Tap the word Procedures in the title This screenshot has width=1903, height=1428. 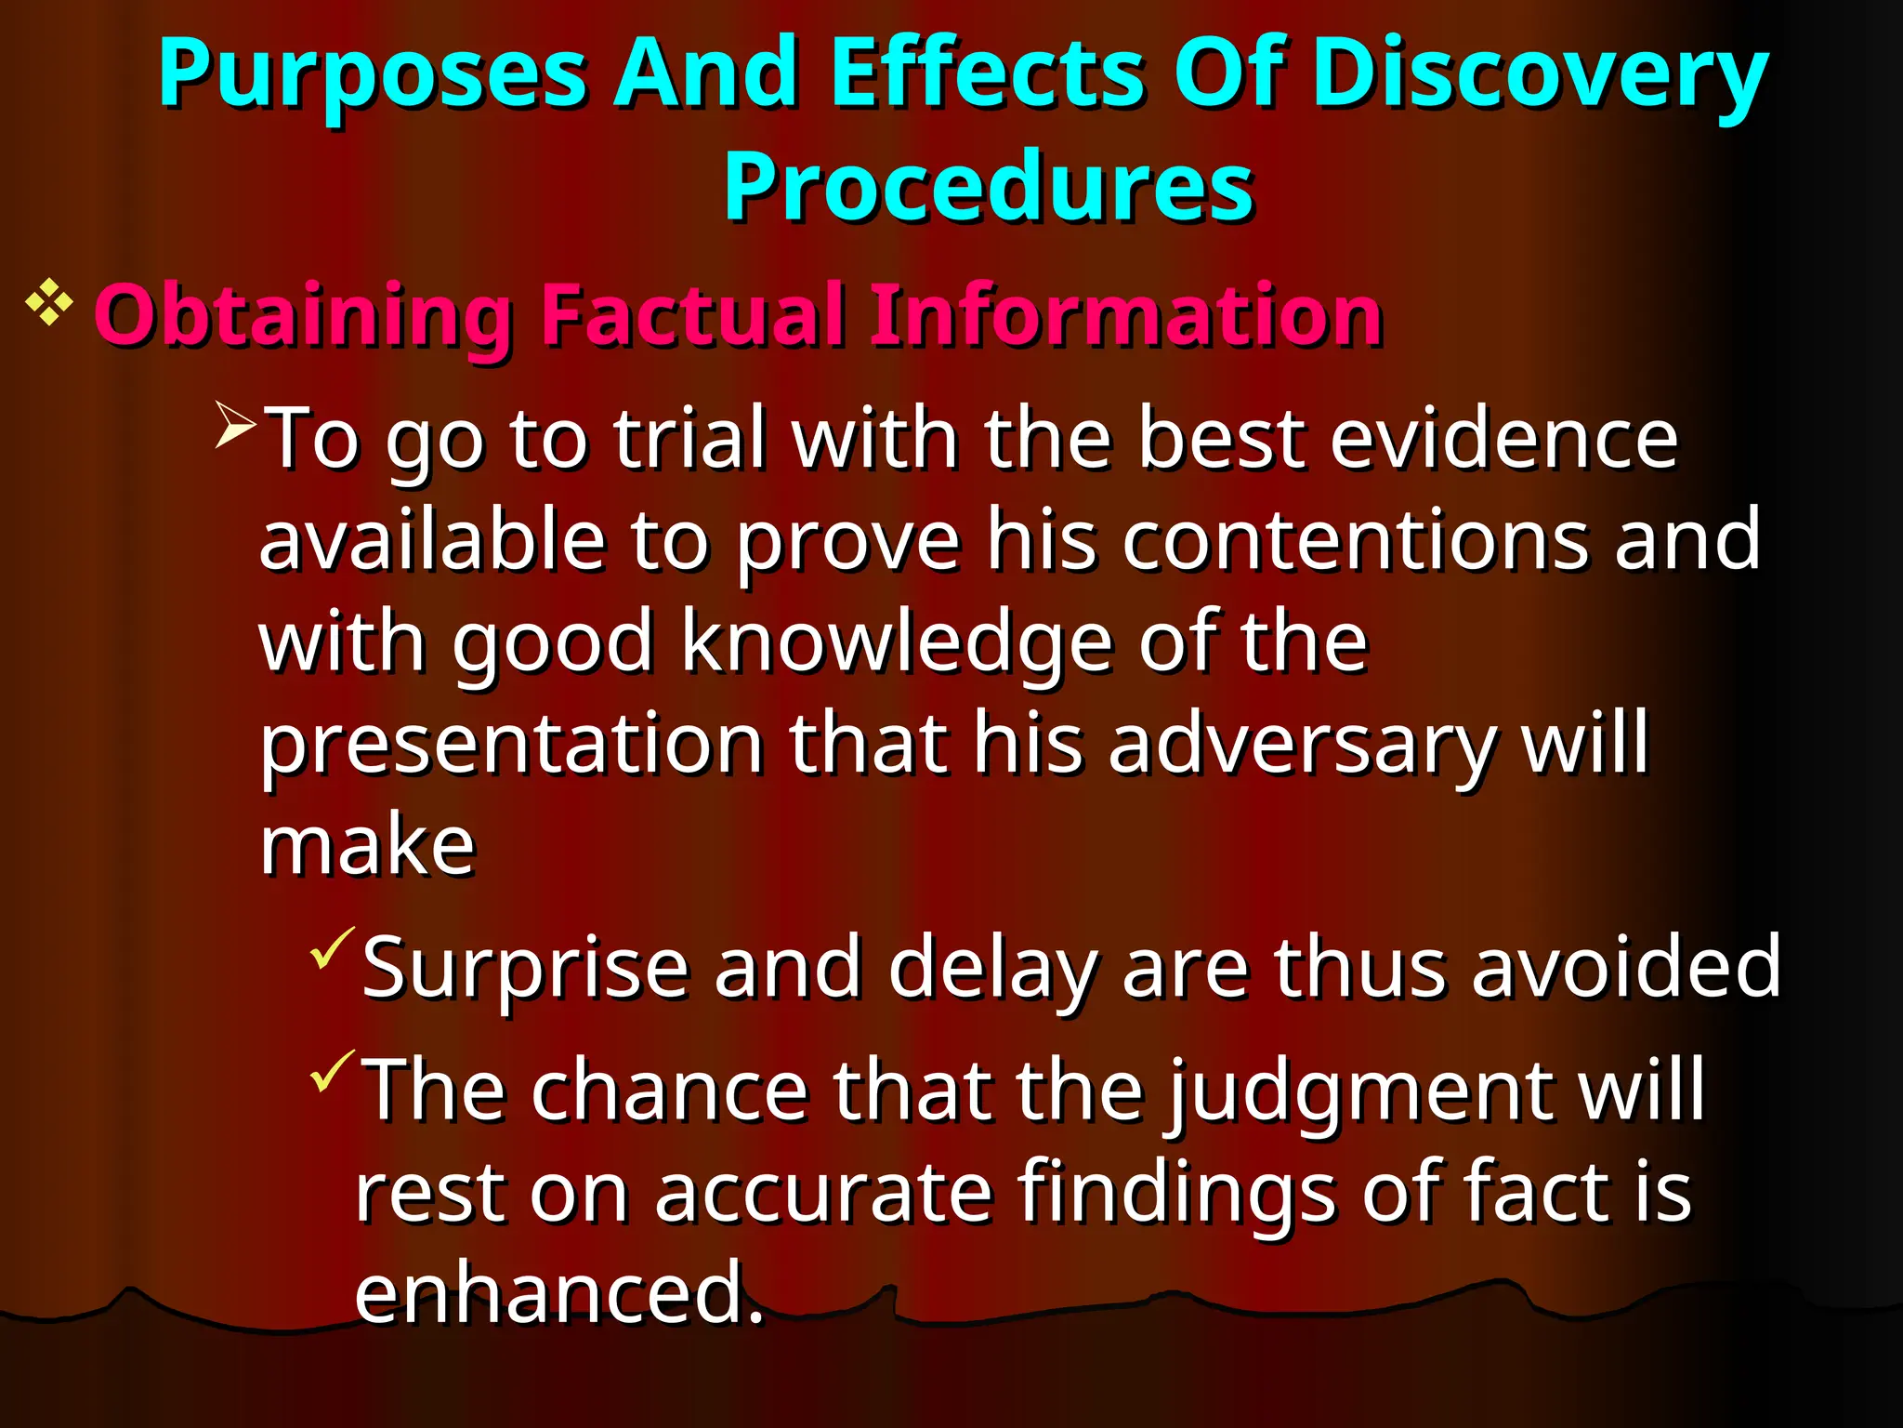click(x=989, y=187)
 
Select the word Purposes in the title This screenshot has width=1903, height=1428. click(x=372, y=74)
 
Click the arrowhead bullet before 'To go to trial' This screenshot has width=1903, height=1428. click(x=235, y=424)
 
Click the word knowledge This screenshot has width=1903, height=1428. click(x=897, y=643)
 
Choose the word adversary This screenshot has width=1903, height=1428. click(x=1301, y=745)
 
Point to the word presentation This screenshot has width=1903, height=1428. click(x=511, y=745)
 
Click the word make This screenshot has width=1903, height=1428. click(x=367, y=846)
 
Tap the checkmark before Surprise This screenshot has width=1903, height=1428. click(x=332, y=948)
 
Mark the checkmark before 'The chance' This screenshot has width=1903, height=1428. click(x=332, y=1071)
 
